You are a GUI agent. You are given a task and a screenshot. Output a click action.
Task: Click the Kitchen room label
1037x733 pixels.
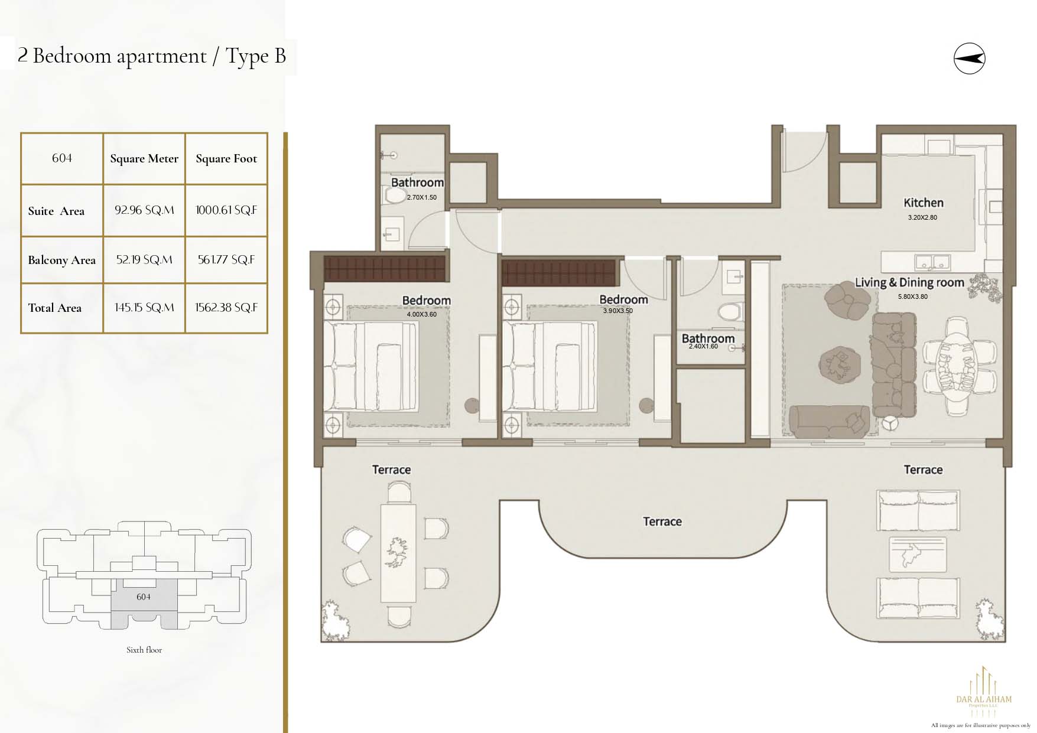click(x=924, y=203)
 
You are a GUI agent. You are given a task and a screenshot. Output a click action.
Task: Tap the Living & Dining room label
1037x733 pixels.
click(x=909, y=283)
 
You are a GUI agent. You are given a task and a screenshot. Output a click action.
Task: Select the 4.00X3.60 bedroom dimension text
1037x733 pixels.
click(x=422, y=314)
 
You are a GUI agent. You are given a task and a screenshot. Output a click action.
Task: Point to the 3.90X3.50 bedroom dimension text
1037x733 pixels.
click(x=617, y=311)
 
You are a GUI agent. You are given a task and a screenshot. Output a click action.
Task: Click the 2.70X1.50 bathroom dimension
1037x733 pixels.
click(x=422, y=197)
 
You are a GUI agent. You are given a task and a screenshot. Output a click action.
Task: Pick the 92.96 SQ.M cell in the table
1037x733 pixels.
click(x=144, y=210)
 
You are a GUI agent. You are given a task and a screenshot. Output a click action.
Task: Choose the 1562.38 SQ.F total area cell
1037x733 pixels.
click(x=226, y=308)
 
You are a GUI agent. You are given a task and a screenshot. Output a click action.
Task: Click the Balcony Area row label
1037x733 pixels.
click(x=61, y=260)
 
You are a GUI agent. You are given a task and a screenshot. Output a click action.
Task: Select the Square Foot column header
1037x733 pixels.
click(x=226, y=158)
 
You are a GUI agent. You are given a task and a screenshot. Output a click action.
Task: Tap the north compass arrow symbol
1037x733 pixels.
click(x=969, y=58)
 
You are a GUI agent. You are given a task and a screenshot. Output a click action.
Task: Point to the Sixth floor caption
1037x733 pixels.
click(x=144, y=650)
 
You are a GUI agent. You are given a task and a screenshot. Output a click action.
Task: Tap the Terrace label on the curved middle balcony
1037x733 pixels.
click(x=662, y=522)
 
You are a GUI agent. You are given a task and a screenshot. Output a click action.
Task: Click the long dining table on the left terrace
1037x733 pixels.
click(x=398, y=553)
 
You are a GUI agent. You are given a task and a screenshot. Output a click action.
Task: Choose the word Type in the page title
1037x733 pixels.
click(x=247, y=56)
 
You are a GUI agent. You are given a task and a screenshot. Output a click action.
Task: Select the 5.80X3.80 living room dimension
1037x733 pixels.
click(x=913, y=297)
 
